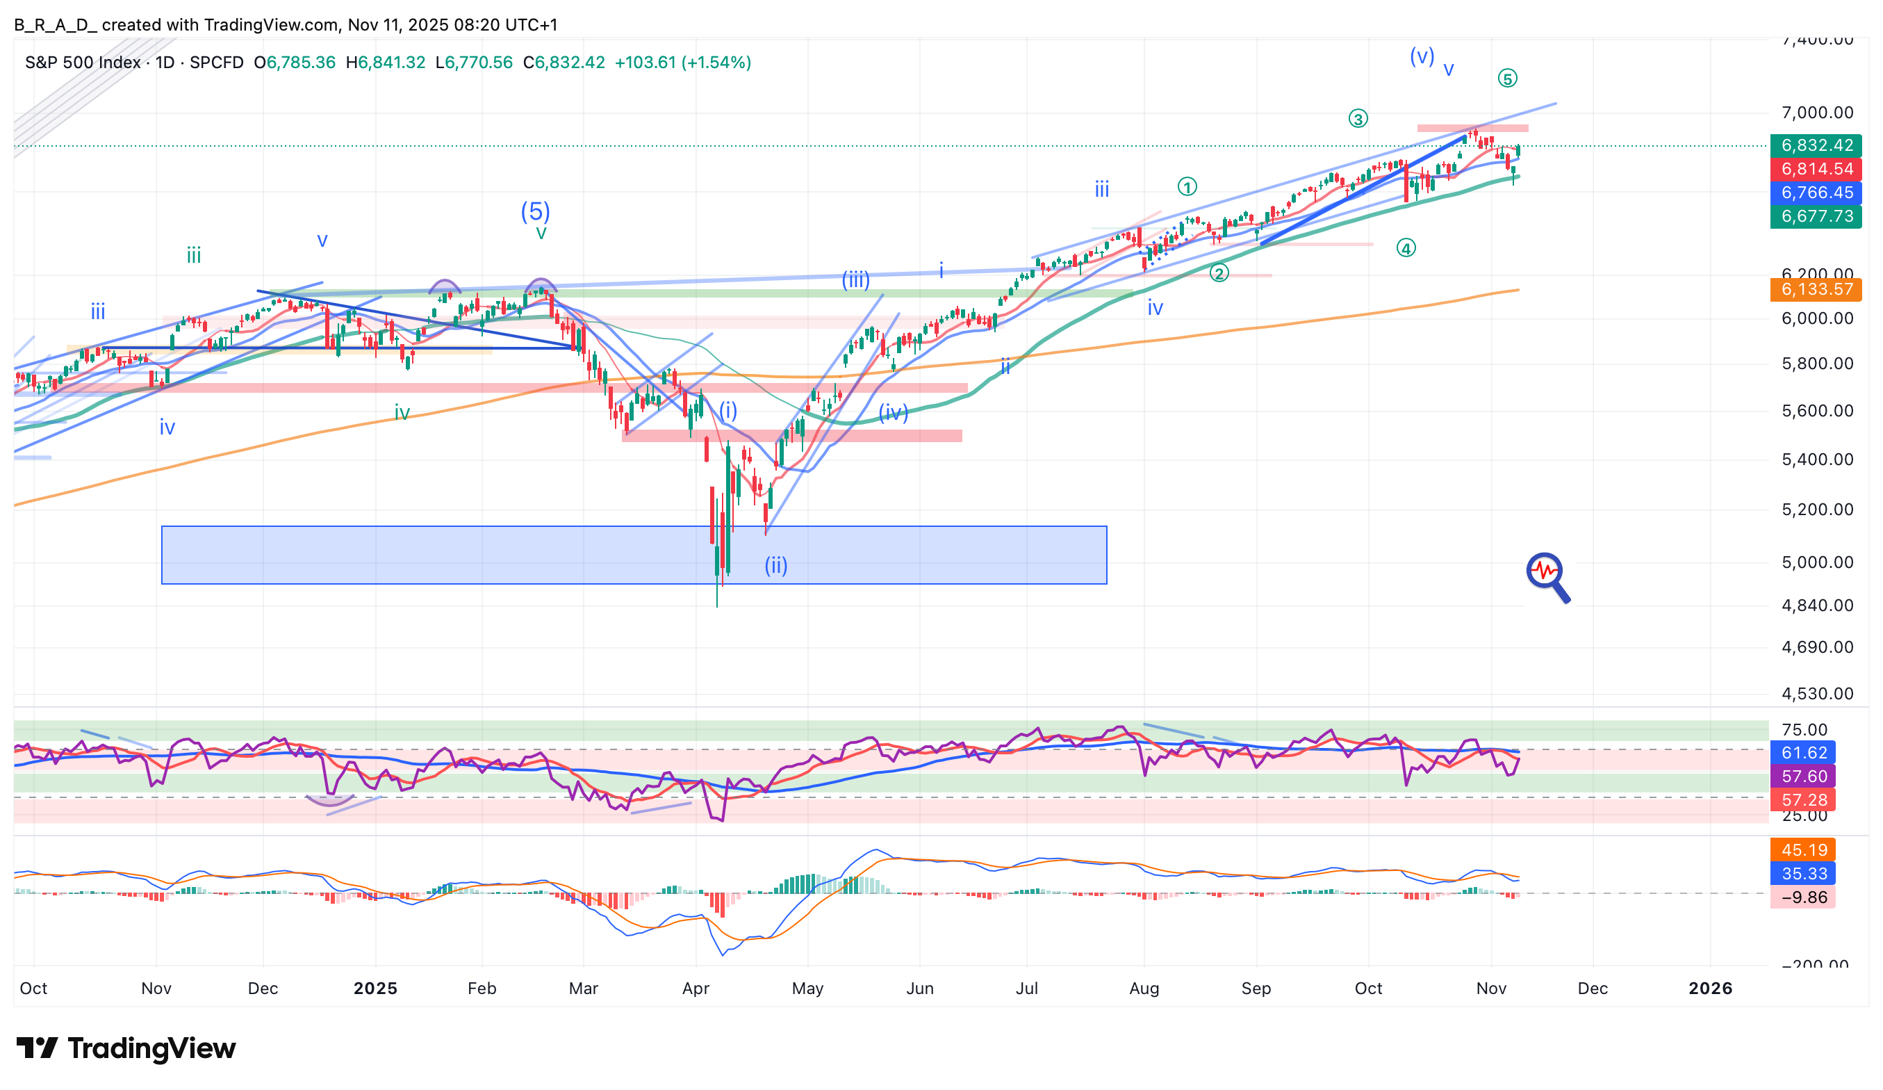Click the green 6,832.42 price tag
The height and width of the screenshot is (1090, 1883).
click(x=1816, y=145)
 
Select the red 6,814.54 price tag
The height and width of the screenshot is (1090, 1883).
click(x=1816, y=169)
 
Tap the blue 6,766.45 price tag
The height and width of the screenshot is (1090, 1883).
click(x=1816, y=193)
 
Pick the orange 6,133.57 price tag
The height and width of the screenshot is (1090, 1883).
click(x=1816, y=289)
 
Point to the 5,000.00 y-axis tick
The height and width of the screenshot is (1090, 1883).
click(x=1816, y=562)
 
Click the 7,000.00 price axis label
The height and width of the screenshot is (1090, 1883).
click(x=1816, y=113)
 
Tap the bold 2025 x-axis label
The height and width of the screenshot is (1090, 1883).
click(x=375, y=989)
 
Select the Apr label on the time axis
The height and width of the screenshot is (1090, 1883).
click(x=696, y=989)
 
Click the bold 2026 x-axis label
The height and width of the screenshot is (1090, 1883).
click(x=1710, y=989)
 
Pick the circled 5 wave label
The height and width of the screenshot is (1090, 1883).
click(x=1507, y=79)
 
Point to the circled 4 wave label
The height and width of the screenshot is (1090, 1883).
click(x=1406, y=248)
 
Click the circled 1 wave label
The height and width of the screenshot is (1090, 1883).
click(x=1187, y=186)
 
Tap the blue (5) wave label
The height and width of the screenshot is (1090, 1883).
click(x=535, y=211)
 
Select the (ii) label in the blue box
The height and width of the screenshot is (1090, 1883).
click(x=775, y=565)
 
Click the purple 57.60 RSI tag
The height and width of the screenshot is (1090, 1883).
click(x=1803, y=776)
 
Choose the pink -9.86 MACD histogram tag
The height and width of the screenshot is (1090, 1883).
click(x=1803, y=897)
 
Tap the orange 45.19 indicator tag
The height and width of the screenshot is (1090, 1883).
click(x=1803, y=850)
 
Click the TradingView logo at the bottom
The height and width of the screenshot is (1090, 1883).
click(x=126, y=1048)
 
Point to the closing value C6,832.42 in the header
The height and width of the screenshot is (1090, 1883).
click(x=564, y=62)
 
